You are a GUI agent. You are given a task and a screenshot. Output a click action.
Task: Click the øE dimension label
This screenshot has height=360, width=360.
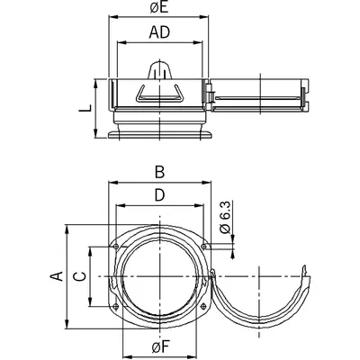click(159, 7)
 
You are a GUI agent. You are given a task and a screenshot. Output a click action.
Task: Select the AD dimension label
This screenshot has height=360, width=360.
click(159, 32)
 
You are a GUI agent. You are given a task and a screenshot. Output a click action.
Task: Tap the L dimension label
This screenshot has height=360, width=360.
click(85, 108)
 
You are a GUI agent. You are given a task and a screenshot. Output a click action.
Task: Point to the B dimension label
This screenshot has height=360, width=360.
click(159, 173)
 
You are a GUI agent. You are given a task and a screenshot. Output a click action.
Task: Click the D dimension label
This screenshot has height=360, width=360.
click(160, 195)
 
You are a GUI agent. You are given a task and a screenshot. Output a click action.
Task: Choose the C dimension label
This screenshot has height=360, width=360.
click(80, 276)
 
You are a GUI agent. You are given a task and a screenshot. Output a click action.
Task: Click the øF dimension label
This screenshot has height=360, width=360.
click(161, 347)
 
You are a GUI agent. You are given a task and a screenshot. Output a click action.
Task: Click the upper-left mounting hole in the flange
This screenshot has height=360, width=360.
click(116, 247)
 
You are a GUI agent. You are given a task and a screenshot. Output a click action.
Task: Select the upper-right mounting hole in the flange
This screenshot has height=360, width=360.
click(203, 247)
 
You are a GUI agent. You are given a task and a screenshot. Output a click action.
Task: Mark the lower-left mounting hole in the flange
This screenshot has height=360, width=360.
click(116, 306)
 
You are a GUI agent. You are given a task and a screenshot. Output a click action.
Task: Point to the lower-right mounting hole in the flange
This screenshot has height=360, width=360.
click(203, 306)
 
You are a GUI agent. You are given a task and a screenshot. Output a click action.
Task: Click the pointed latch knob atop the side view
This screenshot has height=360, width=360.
click(160, 70)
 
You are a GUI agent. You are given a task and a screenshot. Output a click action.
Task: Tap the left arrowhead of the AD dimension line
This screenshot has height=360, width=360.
click(121, 42)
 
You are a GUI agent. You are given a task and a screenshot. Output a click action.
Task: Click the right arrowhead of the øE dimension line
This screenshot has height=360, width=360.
click(204, 17)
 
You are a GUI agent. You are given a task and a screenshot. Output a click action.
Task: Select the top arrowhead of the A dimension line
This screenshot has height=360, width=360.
click(67, 229)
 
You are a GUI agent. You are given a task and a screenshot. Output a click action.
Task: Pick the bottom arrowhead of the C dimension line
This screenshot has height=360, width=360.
click(91, 302)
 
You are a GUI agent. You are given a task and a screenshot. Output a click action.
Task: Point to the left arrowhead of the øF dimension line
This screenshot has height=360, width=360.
click(127, 355)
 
